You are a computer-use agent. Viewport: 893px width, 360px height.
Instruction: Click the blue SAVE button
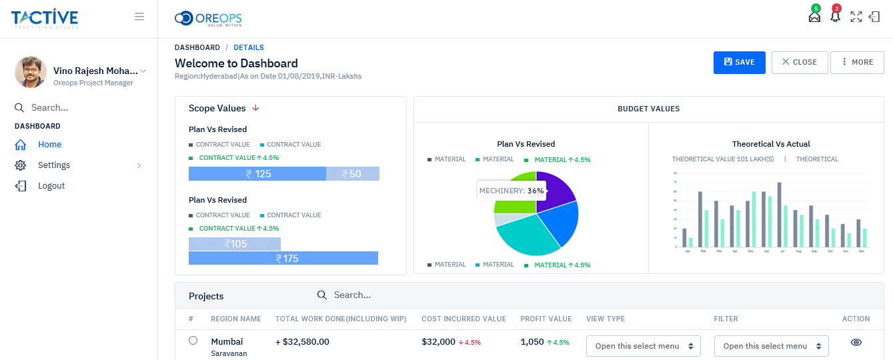point(739,62)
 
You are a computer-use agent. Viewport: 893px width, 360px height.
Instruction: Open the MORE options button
point(857,62)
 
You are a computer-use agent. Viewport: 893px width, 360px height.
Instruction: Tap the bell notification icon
point(835,17)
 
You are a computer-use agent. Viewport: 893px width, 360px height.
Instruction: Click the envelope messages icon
point(814,17)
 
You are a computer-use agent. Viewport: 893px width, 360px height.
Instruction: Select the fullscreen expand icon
point(856,17)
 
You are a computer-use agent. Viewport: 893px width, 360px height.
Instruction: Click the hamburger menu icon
point(139,17)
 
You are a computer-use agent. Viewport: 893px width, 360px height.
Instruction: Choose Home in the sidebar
point(49,145)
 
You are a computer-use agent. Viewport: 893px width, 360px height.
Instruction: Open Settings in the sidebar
point(54,165)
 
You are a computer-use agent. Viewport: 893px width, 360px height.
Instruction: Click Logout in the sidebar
point(51,186)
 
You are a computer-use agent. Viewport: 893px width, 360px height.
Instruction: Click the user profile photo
point(31,72)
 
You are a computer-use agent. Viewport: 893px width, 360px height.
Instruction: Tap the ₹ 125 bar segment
point(257,174)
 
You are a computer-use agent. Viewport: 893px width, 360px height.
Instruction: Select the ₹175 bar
point(283,258)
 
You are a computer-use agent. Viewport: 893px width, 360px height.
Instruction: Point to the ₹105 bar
point(235,244)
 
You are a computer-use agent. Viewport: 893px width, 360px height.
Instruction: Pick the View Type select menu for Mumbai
point(643,346)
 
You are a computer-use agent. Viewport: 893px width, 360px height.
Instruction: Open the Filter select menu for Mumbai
point(771,346)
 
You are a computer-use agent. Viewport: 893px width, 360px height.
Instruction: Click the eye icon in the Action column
point(856,342)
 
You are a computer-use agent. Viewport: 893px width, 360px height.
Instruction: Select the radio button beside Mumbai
point(193,341)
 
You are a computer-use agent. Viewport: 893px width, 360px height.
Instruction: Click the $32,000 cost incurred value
point(438,342)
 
